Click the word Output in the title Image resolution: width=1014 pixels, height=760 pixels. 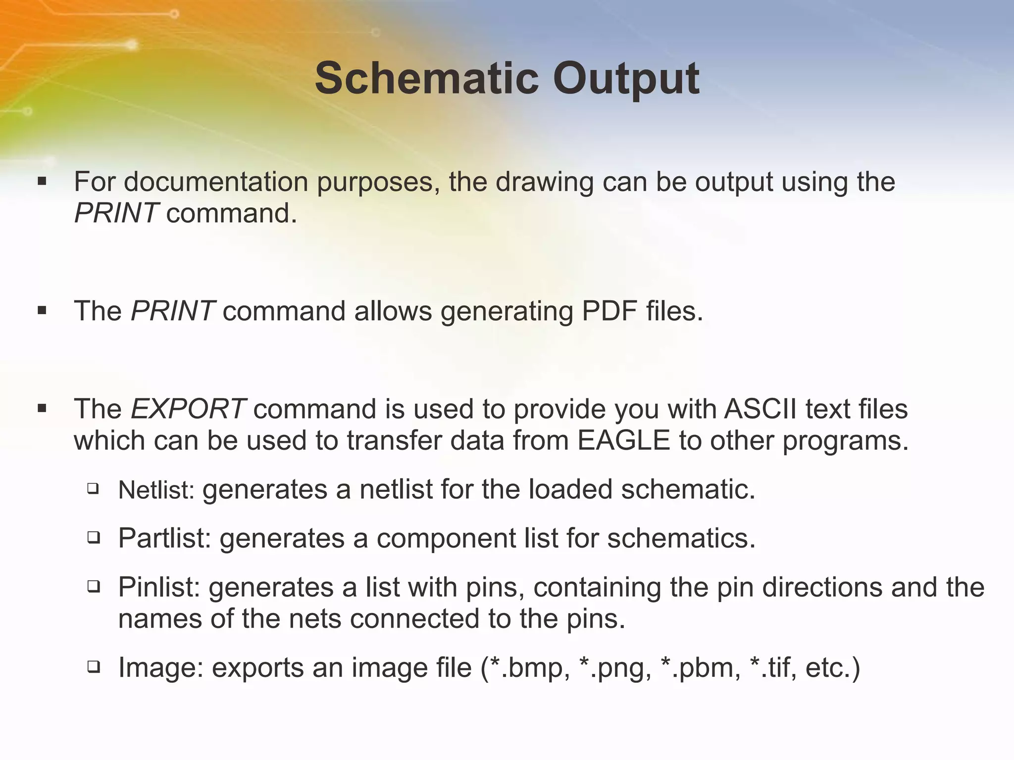tap(626, 79)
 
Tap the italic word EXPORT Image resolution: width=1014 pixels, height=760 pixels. tap(188, 409)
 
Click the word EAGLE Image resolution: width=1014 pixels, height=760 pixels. tap(624, 440)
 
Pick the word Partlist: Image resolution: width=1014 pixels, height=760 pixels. tap(165, 538)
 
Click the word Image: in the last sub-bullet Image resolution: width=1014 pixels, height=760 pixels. tap(161, 667)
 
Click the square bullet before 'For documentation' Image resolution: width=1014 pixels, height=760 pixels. tap(42, 182)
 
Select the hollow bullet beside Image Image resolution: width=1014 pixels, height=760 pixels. tap(93, 667)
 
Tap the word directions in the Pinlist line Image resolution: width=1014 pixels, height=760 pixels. tap(822, 587)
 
